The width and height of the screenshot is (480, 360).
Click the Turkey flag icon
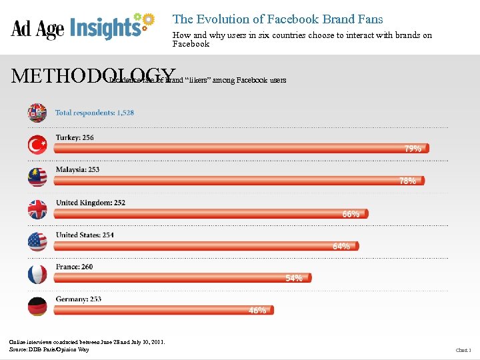click(x=37, y=145)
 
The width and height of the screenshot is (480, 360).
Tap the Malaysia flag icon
click(x=37, y=177)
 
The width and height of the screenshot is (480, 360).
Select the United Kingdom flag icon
click(x=37, y=209)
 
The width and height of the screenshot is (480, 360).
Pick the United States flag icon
click(x=37, y=241)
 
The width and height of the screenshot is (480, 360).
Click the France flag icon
click(x=37, y=274)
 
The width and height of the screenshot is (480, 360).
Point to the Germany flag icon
click(x=37, y=306)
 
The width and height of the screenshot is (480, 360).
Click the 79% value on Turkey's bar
click(x=413, y=149)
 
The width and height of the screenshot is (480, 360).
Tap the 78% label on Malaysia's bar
click(x=407, y=181)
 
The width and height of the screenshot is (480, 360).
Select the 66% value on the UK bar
click(x=351, y=214)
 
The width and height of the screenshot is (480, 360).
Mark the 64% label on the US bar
click(x=341, y=246)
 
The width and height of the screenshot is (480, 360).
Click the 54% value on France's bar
click(x=294, y=278)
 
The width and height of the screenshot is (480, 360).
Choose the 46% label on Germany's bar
click(x=257, y=310)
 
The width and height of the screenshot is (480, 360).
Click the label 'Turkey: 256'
click(x=75, y=137)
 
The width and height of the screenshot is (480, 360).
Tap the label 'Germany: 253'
click(x=79, y=299)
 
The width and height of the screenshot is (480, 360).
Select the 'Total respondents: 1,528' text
click(x=94, y=113)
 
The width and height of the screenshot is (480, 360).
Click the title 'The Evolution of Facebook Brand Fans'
click(x=277, y=19)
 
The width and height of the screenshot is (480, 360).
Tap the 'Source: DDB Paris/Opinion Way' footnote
click(x=49, y=349)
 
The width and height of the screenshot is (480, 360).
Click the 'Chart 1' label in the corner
click(x=463, y=350)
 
